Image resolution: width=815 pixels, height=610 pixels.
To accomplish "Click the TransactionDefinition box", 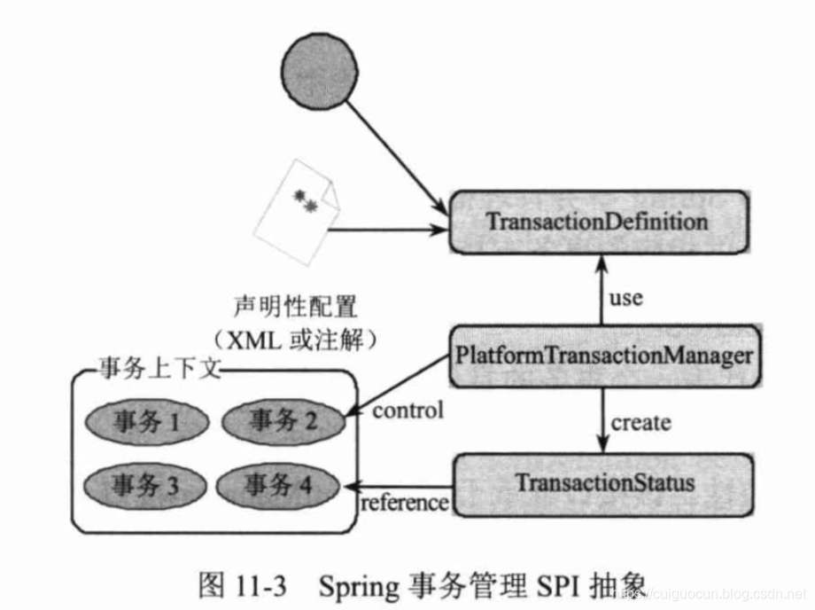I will click(x=602, y=223).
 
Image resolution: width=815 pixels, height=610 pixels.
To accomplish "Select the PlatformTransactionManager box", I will click(x=603, y=356).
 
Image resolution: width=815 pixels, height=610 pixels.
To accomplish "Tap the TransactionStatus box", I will click(x=603, y=484).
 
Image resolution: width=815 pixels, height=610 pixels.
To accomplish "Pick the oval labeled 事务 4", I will click(x=278, y=485).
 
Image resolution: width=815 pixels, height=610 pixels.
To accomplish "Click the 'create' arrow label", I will click(x=640, y=422).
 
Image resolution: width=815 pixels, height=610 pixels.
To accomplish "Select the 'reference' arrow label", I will click(x=404, y=503).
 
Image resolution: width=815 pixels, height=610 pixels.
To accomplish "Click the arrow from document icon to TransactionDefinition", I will click(x=385, y=230).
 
